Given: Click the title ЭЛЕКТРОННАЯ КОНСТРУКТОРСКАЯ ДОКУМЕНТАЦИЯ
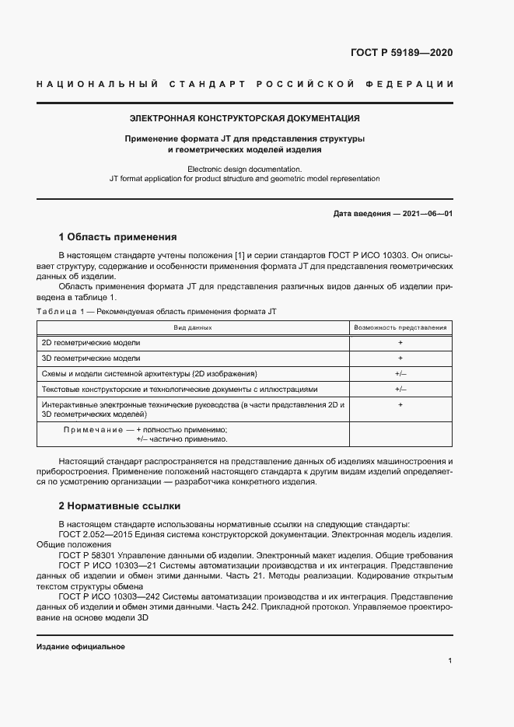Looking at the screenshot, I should pyautogui.click(x=244, y=119).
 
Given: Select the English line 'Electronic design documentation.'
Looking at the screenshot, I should pyautogui.click(x=244, y=169).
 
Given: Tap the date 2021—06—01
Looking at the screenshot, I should pyautogui.click(x=428, y=213).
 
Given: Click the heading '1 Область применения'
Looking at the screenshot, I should pyautogui.click(x=118, y=236).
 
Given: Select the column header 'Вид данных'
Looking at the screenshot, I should pyautogui.click(x=193, y=327).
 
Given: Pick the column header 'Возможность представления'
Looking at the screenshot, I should pyautogui.click(x=400, y=327).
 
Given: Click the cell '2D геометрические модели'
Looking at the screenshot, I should pyautogui.click(x=91, y=343).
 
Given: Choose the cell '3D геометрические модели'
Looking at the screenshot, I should pyautogui.click(x=91, y=358).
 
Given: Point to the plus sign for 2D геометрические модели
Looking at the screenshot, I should pyautogui.click(x=400, y=343).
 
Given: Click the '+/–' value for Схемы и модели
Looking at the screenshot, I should pyautogui.click(x=400, y=374).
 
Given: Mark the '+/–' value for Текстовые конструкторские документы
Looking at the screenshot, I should pyautogui.click(x=400, y=390).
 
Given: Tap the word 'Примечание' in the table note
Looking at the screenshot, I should pyautogui.click(x=93, y=430).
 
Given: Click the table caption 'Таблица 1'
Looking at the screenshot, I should pyautogui.click(x=60, y=311).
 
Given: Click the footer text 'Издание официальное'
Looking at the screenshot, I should pyautogui.click(x=81, y=647).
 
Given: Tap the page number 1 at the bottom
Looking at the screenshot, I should pyautogui.click(x=450, y=661).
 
